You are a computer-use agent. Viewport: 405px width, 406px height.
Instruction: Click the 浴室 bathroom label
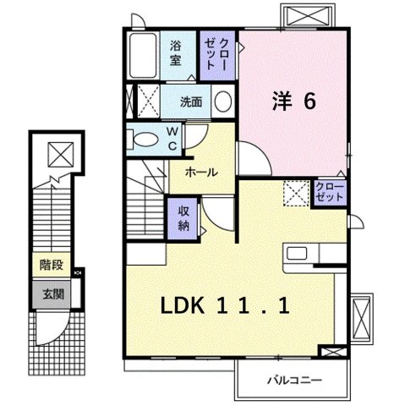176,52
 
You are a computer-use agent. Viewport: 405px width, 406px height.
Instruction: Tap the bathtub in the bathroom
145,54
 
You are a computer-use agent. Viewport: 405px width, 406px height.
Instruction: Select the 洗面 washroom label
191,101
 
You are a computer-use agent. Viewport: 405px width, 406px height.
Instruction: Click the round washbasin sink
223,101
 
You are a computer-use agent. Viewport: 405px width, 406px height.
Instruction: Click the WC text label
172,139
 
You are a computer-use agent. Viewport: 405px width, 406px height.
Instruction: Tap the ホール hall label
200,172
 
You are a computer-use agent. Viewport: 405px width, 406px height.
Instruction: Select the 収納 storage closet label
183,218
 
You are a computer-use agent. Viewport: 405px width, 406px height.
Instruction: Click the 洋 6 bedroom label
293,101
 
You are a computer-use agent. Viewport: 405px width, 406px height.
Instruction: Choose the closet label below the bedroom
329,191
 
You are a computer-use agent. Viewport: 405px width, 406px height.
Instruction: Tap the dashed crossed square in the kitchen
295,195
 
